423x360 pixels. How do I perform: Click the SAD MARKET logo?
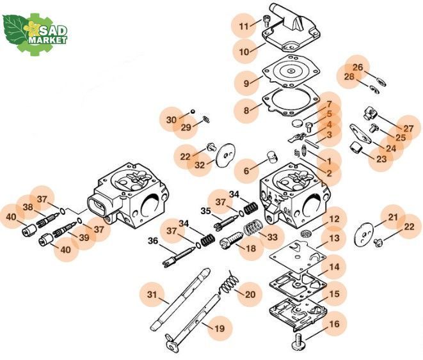click(x=35, y=35)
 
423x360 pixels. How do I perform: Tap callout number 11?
click(x=243, y=26)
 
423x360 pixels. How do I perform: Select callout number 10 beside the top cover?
click(x=244, y=52)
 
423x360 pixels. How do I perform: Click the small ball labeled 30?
click(x=193, y=111)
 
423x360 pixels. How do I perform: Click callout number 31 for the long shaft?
click(x=152, y=294)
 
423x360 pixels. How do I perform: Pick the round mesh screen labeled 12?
click(x=305, y=233)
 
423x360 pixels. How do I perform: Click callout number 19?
click(x=219, y=329)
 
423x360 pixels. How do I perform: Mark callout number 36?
click(x=153, y=240)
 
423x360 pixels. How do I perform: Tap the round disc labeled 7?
click(x=297, y=123)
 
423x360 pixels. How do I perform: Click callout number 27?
click(x=408, y=129)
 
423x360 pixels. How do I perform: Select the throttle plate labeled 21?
click(x=363, y=233)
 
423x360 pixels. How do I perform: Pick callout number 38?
click(x=28, y=207)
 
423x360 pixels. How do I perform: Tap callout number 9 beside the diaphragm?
click(x=246, y=83)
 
